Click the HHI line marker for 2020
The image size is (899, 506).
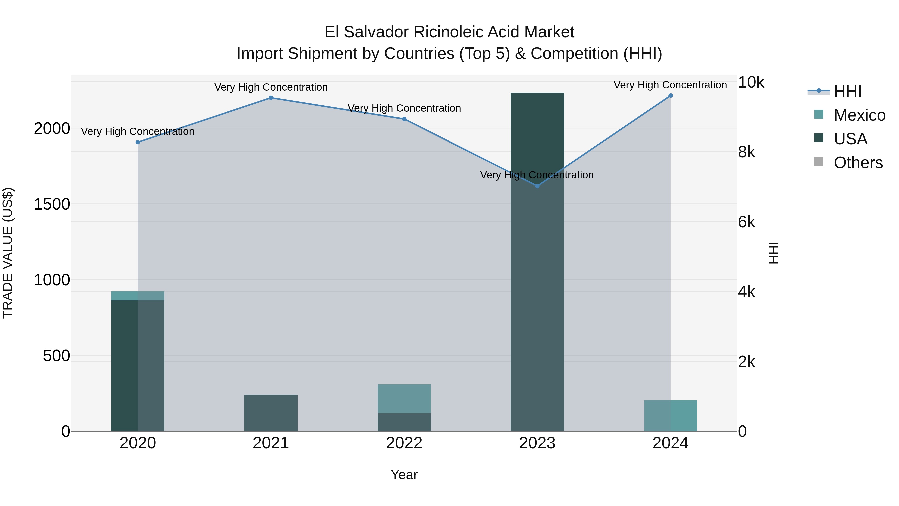[138, 142]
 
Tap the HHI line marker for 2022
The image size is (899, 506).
[404, 119]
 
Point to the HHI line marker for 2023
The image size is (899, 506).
[537, 186]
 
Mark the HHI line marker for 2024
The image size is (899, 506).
[671, 96]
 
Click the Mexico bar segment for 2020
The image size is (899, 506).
[138, 296]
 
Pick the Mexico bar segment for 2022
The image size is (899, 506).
[404, 399]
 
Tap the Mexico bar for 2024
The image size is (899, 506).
[671, 416]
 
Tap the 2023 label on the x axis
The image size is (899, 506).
[537, 443]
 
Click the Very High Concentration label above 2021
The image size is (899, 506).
[271, 87]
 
